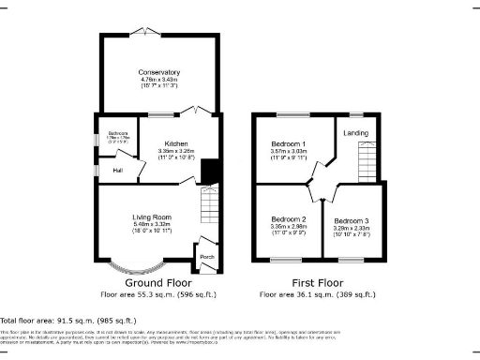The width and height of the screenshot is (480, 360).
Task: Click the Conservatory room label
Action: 158,72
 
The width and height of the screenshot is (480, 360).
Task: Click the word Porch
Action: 206,257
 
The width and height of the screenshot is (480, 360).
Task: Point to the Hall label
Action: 118,171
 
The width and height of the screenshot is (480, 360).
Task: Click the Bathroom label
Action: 117,132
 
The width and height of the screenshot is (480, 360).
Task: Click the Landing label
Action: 356,132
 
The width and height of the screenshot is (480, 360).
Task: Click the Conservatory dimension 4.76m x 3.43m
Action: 158,80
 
